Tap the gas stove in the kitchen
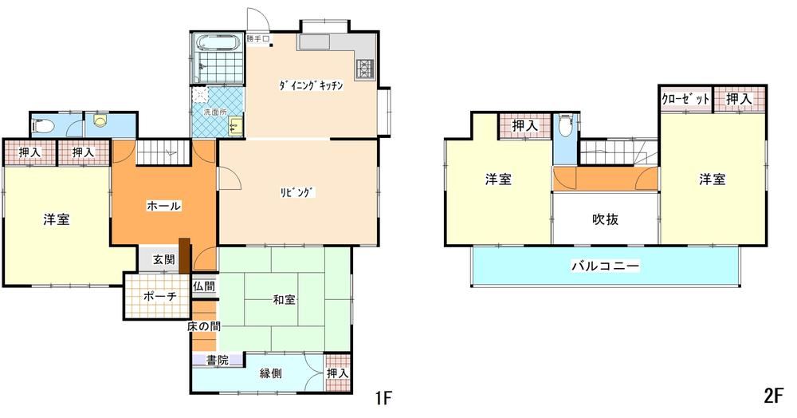click(366, 69)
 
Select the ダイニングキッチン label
click(311, 85)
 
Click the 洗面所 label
click(215, 112)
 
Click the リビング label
click(298, 192)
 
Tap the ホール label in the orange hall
click(163, 206)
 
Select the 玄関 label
click(163, 259)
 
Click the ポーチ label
click(159, 296)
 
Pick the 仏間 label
click(204, 286)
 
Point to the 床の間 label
click(203, 326)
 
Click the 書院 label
click(217, 361)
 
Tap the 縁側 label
click(270, 373)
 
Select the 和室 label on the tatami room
click(284, 299)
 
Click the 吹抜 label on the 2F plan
click(606, 219)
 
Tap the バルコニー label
click(606, 266)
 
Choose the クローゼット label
click(685, 99)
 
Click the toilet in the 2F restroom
click(565, 125)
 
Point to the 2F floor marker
click(774, 396)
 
